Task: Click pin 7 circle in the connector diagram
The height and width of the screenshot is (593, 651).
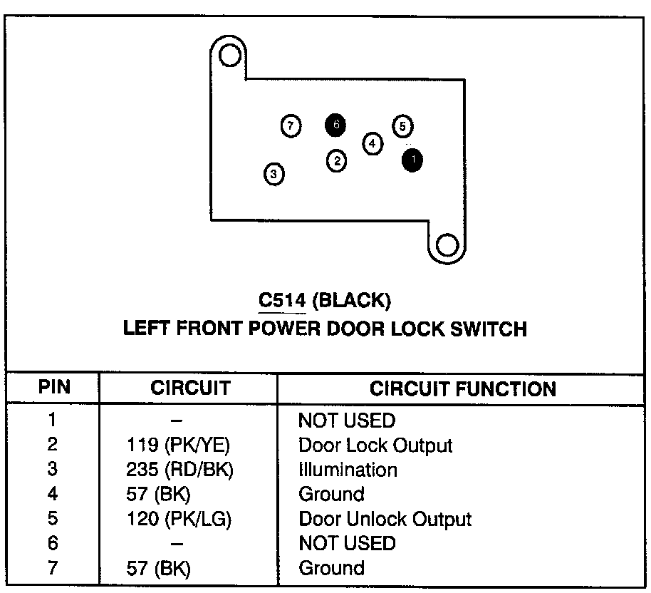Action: (290, 126)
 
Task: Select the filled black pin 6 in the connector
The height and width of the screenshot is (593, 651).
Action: (335, 125)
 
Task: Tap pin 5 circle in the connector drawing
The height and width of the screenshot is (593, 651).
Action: (402, 126)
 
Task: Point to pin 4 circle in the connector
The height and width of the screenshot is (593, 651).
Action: (373, 143)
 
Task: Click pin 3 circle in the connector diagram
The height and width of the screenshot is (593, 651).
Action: (274, 173)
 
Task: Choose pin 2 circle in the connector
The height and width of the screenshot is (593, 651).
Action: (337, 161)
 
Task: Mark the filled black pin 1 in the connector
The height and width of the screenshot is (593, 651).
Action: (412, 160)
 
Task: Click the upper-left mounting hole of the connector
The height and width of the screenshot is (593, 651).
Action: (229, 55)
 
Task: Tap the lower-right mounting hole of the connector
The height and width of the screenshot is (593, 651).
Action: (447, 245)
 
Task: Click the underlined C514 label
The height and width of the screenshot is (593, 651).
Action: (281, 301)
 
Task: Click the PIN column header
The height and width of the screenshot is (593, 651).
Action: (53, 388)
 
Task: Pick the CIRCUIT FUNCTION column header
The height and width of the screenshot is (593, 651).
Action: (463, 388)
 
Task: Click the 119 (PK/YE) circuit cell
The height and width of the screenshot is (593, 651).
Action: (178, 445)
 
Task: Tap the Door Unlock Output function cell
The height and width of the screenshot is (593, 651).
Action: (385, 519)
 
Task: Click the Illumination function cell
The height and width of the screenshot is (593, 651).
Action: (348, 470)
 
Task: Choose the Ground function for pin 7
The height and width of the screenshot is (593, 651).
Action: (331, 568)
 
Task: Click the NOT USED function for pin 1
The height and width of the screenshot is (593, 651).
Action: (346, 421)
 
